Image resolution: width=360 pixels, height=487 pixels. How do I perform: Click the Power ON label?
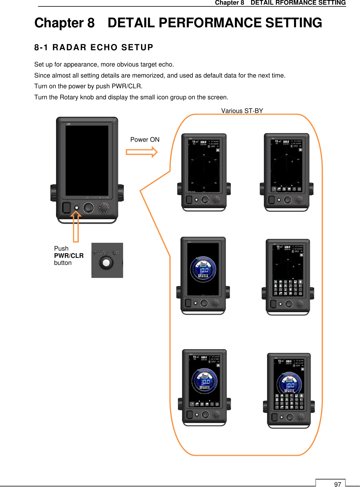tap(145, 140)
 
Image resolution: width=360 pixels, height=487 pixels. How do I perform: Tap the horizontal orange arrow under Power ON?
tap(142, 152)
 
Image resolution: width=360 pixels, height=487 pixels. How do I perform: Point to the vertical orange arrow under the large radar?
tap(76, 227)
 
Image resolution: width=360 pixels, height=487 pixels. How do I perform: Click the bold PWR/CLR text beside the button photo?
tap(69, 256)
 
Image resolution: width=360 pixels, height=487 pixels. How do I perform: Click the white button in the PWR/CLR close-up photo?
tap(106, 263)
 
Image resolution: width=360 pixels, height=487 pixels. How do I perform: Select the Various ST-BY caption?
tap(242, 111)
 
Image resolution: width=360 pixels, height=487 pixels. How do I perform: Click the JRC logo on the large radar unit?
tap(69, 124)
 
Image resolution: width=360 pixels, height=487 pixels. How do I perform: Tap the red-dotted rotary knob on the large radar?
tap(104, 208)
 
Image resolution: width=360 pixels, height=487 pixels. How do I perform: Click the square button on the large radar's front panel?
tap(67, 208)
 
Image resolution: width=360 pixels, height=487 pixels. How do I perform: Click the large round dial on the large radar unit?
tap(89, 208)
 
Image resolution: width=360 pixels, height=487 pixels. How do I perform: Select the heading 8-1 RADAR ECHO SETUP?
tap(93, 47)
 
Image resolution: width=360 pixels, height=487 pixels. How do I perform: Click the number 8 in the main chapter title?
tap(91, 23)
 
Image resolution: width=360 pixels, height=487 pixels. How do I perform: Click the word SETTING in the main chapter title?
tap(293, 23)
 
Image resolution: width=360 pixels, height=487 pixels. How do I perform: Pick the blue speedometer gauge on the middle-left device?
tap(203, 269)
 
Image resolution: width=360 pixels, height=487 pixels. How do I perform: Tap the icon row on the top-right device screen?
tap(287, 189)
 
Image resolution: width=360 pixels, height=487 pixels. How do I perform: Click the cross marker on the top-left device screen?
tap(209, 162)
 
